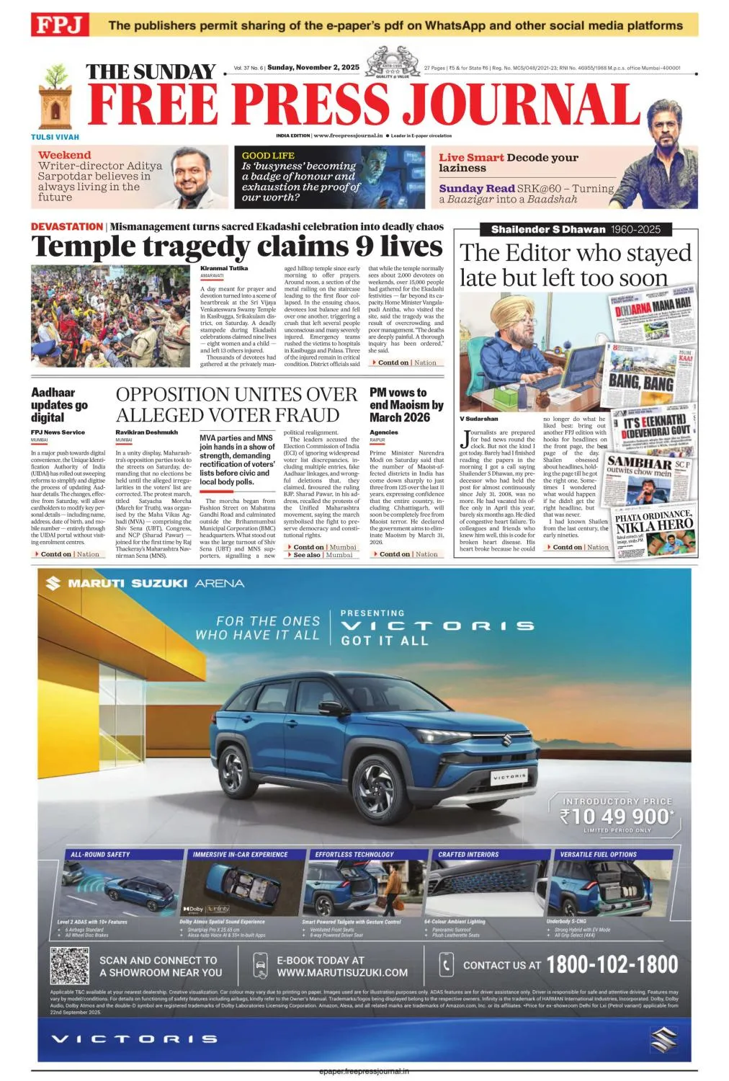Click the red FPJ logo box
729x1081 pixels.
pos(60,25)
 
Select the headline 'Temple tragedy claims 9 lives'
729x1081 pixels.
pos(236,247)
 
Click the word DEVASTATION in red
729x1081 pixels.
pos(67,226)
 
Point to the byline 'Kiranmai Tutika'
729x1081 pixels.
pos(224,268)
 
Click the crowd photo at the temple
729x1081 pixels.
pos(110,316)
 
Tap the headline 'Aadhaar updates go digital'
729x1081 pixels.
pos(59,405)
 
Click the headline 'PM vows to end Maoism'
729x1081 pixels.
pos(406,405)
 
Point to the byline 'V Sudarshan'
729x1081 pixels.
pos(479,419)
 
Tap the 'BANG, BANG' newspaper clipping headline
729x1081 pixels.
pos(640,382)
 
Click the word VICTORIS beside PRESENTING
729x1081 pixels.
pos(437,626)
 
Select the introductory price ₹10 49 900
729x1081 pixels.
pos(617,817)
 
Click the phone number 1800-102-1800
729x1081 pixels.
pos(612,965)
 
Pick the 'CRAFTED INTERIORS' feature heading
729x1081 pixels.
pos(468,855)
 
